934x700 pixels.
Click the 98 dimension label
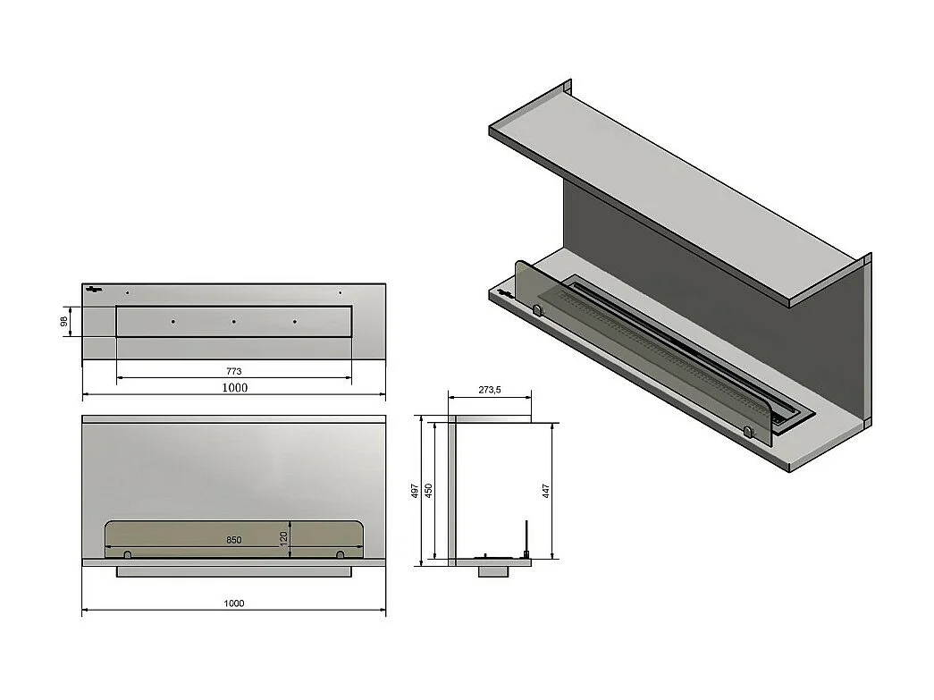pyautogui.click(x=64, y=322)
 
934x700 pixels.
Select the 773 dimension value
pyautogui.click(x=234, y=371)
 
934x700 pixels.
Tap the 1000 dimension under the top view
pyautogui.click(x=234, y=387)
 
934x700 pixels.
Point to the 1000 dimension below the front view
pyautogui.click(x=234, y=603)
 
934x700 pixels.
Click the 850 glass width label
pyautogui.click(x=234, y=540)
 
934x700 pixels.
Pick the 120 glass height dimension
pyautogui.click(x=284, y=540)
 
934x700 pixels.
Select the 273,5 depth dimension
pyautogui.click(x=489, y=390)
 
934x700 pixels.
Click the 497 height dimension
pyautogui.click(x=416, y=491)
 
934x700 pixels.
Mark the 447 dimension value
pyautogui.click(x=545, y=491)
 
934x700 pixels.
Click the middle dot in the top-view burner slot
pyautogui.click(x=233, y=322)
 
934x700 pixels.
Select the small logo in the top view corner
pyautogui.click(x=95, y=289)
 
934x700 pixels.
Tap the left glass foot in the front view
pyautogui.click(x=127, y=555)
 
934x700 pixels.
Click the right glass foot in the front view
pyautogui.click(x=340, y=555)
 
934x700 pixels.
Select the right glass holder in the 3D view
pyautogui.click(x=748, y=432)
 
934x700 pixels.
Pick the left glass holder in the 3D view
pyautogui.click(x=537, y=309)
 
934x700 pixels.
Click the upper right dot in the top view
pyautogui.click(x=340, y=292)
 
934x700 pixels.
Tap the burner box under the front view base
pyautogui.click(x=234, y=571)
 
